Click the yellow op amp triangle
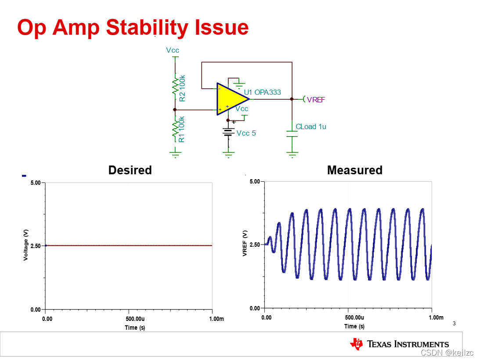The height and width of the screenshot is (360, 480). coord(230,99)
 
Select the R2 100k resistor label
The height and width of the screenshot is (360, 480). coord(182,88)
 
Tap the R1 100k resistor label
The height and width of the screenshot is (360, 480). coord(182,129)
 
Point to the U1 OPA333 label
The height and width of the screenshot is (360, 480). coord(262,92)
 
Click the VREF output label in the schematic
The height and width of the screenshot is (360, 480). coord(316,100)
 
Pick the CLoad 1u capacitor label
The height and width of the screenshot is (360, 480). coord(311,126)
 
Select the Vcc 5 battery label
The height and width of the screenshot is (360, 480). coord(246,133)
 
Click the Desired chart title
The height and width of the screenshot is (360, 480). coord(130,170)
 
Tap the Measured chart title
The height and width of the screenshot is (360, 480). coord(355,170)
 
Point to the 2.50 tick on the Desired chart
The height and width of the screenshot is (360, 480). coord(35,246)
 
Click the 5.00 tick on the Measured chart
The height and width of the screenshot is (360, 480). coord(255,181)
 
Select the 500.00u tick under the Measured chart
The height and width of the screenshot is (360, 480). coord(354,317)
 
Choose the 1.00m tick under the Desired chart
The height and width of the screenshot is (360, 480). coord(216,319)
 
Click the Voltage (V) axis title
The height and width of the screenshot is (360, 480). coord(26,246)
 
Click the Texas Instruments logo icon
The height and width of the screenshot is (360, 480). coord(356,344)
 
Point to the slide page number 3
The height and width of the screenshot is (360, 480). coord(454,324)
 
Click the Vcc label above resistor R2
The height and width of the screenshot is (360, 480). coord(173,50)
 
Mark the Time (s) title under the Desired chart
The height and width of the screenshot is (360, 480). coord(134,328)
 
